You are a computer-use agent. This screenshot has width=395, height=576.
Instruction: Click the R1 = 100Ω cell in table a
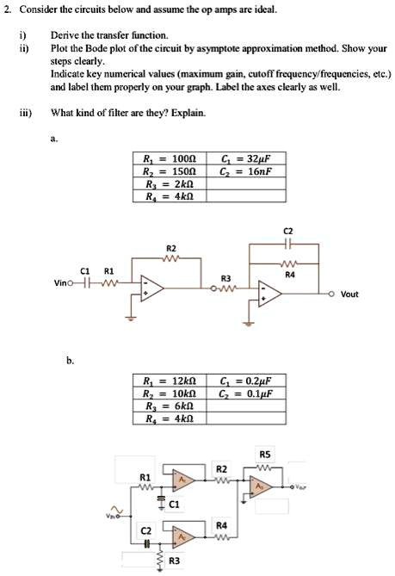(x=170, y=159)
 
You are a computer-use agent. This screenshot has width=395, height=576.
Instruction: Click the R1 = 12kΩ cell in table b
(x=170, y=380)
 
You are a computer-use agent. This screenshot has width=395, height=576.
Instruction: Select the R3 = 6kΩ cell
(x=170, y=405)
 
